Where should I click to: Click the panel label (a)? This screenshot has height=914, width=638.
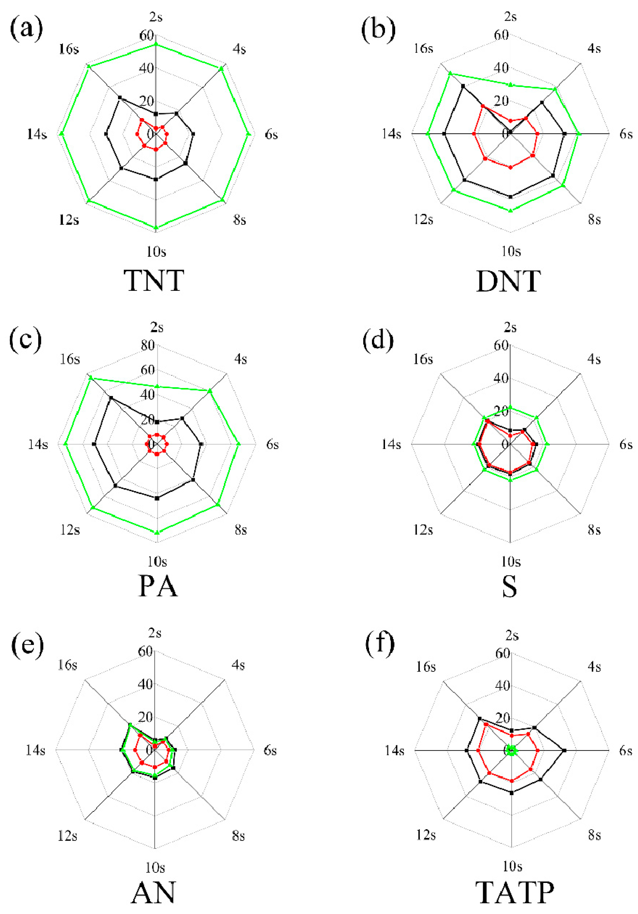click(x=26, y=29)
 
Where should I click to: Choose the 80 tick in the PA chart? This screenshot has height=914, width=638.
click(x=147, y=345)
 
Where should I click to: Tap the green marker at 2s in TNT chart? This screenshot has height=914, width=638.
click(x=156, y=45)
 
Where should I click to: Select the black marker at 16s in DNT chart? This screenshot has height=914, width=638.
click(x=463, y=86)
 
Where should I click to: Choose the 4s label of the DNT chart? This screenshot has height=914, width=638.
click(x=594, y=48)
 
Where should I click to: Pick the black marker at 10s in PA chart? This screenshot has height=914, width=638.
click(x=157, y=498)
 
